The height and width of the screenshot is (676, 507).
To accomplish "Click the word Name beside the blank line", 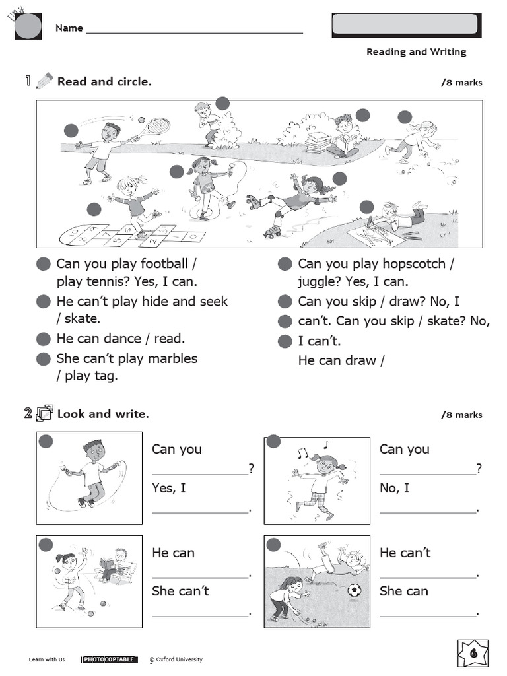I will coord(69,28).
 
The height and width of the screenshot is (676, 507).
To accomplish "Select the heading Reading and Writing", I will coord(416,52).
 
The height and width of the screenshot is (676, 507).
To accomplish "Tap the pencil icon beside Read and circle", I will coord(44,81).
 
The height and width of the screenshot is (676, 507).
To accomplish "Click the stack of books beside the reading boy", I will coord(319,142).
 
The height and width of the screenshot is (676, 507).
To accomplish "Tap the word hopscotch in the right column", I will coord(414,263).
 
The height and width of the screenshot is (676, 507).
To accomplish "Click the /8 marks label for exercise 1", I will coord(461,83).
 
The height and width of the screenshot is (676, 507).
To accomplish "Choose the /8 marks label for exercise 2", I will coord(461,415).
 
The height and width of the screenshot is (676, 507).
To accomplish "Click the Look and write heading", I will coord(103,414).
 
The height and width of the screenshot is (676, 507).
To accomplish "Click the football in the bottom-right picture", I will coord(355,590).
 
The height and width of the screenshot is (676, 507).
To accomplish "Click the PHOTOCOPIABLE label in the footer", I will coord(109,659).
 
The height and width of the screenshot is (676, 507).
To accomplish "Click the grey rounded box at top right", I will coord(405,24).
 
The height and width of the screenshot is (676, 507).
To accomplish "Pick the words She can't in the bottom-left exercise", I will coord(180,591).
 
